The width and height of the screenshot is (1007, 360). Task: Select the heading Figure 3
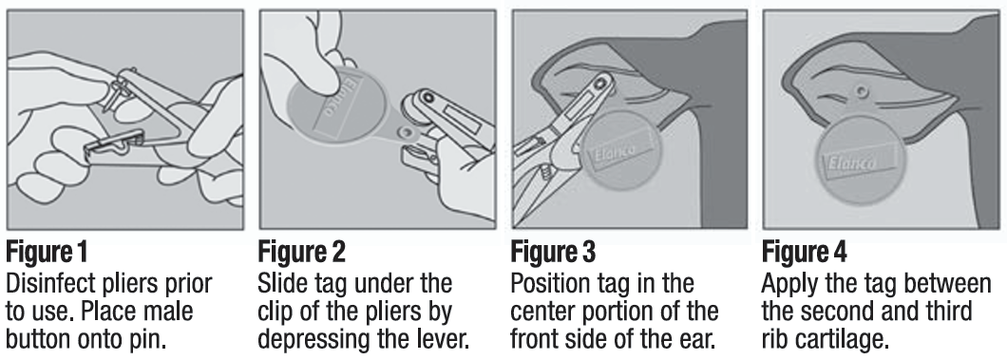click(x=555, y=254)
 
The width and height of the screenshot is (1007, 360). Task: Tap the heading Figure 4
click(x=807, y=254)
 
